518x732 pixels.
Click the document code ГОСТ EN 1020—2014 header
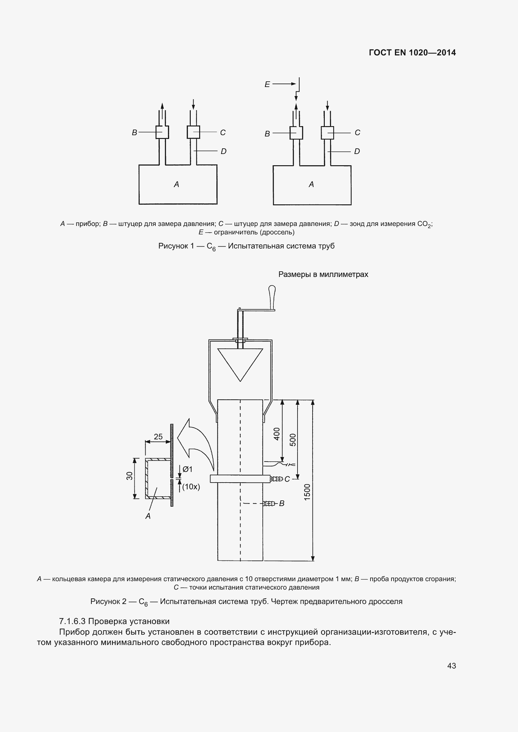point(412,53)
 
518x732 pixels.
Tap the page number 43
point(451,666)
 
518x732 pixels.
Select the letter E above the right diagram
point(267,84)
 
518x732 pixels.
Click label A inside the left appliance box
point(176,184)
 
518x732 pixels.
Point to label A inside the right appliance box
point(311,184)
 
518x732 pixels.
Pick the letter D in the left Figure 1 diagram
point(223,151)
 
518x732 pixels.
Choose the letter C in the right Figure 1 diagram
point(357,133)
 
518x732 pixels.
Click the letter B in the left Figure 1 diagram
point(134,133)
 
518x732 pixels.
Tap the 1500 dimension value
point(307,492)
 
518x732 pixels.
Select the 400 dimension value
point(277,434)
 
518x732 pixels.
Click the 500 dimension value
point(293,440)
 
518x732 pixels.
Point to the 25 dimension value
point(158,437)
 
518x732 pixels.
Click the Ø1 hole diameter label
point(188,469)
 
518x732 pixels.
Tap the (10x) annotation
point(191,487)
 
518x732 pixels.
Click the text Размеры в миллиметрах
point(323,274)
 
